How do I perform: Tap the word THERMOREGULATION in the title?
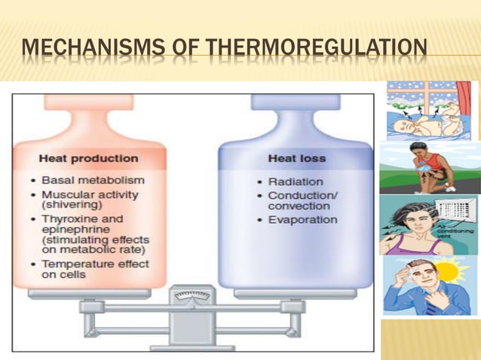pyautogui.click(x=317, y=51)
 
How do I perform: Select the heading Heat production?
pyautogui.click(x=88, y=159)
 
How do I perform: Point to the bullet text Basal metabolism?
pyautogui.click(x=93, y=181)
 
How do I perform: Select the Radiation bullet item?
pyautogui.click(x=296, y=182)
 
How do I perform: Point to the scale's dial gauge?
pyautogui.click(x=192, y=298)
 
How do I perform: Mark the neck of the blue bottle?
pyautogui.click(x=295, y=113)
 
